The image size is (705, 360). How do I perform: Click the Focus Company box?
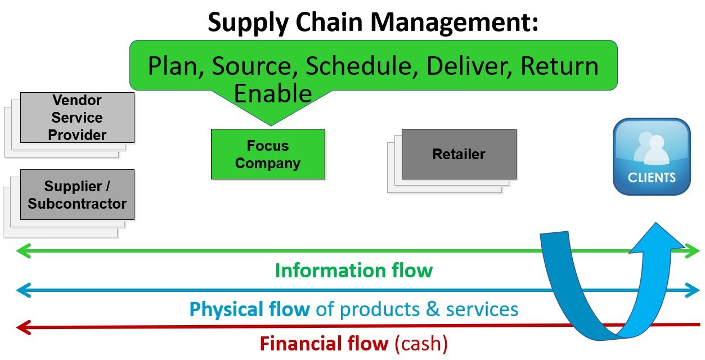[x=268, y=154]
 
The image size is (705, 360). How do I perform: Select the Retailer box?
[x=459, y=154]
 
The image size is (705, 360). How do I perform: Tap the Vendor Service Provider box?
[x=77, y=118]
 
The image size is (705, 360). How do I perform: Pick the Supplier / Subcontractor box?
[x=77, y=195]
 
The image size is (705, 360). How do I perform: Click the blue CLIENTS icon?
[x=652, y=156]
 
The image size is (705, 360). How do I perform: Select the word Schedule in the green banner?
[x=361, y=66]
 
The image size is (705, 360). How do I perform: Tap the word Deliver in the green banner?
[x=469, y=66]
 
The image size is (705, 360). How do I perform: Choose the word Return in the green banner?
[x=559, y=66]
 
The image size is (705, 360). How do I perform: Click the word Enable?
[x=272, y=93]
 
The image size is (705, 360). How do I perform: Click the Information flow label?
[x=353, y=271]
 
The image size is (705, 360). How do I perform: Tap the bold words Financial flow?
[x=324, y=343]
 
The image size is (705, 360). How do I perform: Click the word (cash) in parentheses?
[x=420, y=343]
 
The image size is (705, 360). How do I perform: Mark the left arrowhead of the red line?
[x=21, y=326]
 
